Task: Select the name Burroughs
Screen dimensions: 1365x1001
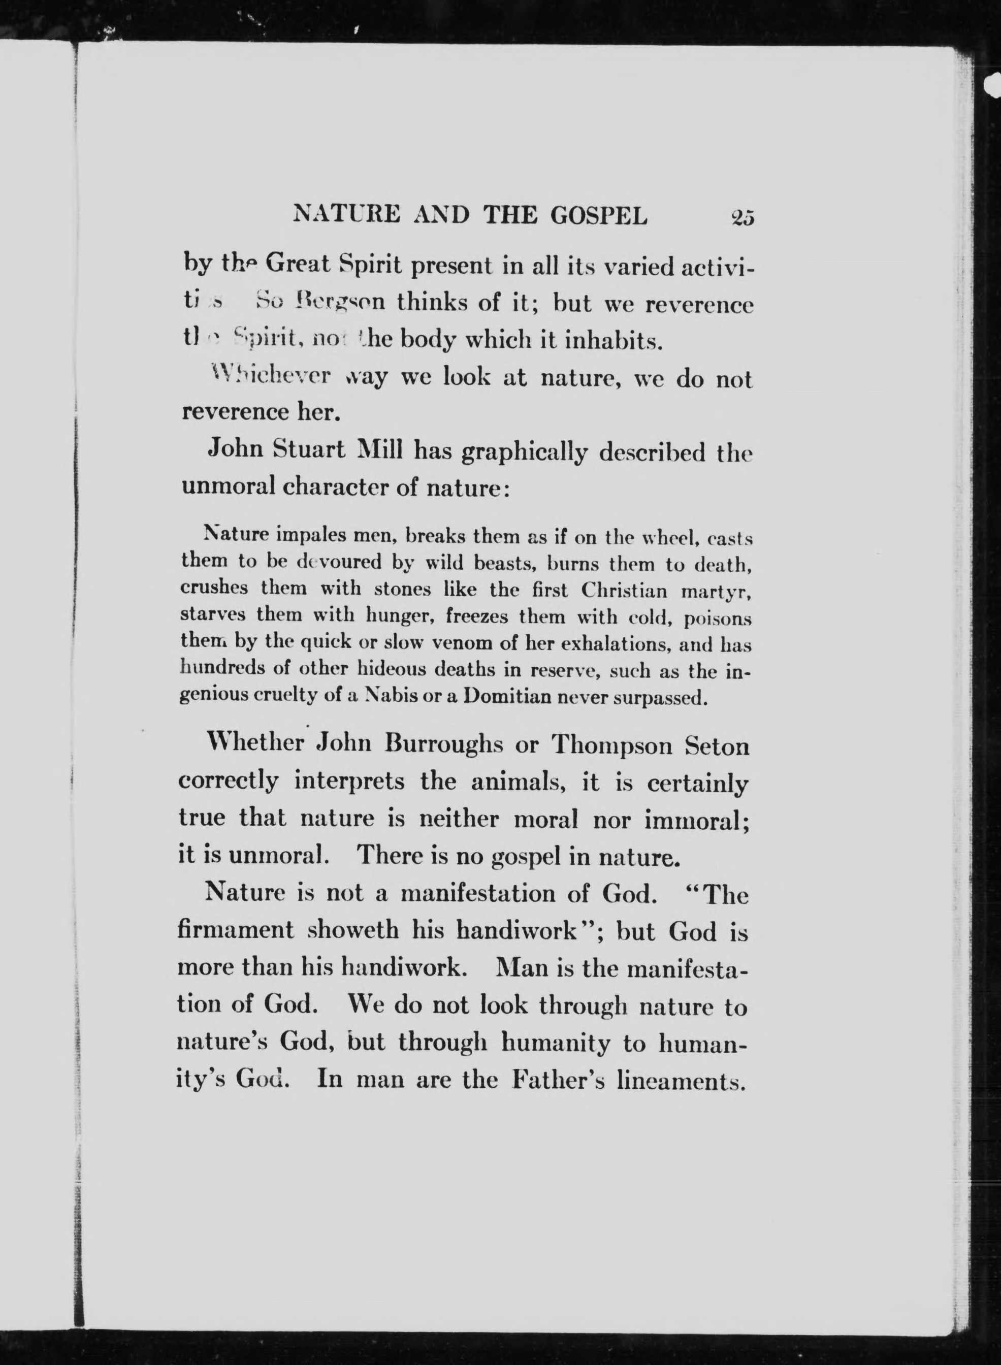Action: pyautogui.click(x=444, y=744)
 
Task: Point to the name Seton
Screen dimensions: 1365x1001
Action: pyautogui.click(x=717, y=745)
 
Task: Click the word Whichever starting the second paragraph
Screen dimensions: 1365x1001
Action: pyautogui.click(x=269, y=376)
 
